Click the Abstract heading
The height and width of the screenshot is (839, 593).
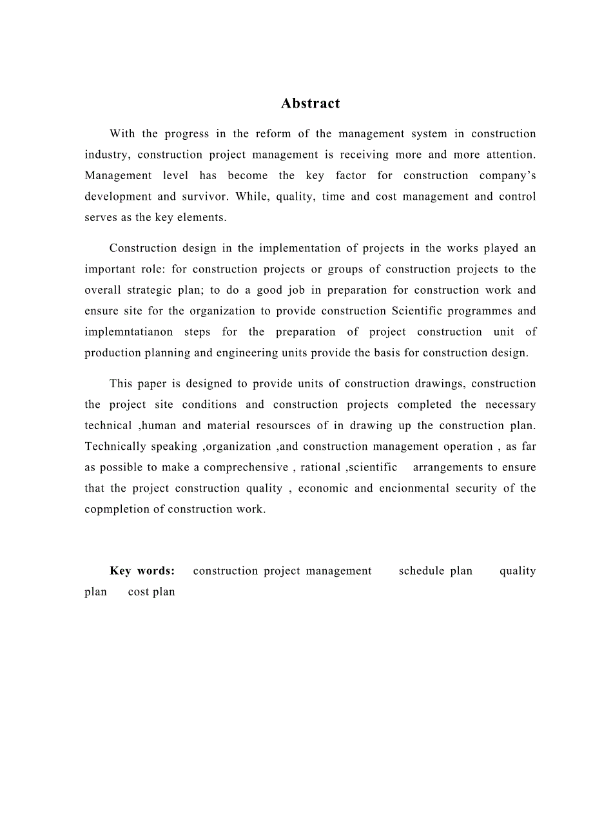[310, 104]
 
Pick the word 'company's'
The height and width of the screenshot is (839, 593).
[507, 176]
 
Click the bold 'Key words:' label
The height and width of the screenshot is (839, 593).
[142, 571]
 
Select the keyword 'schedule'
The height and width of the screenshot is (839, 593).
[422, 571]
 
